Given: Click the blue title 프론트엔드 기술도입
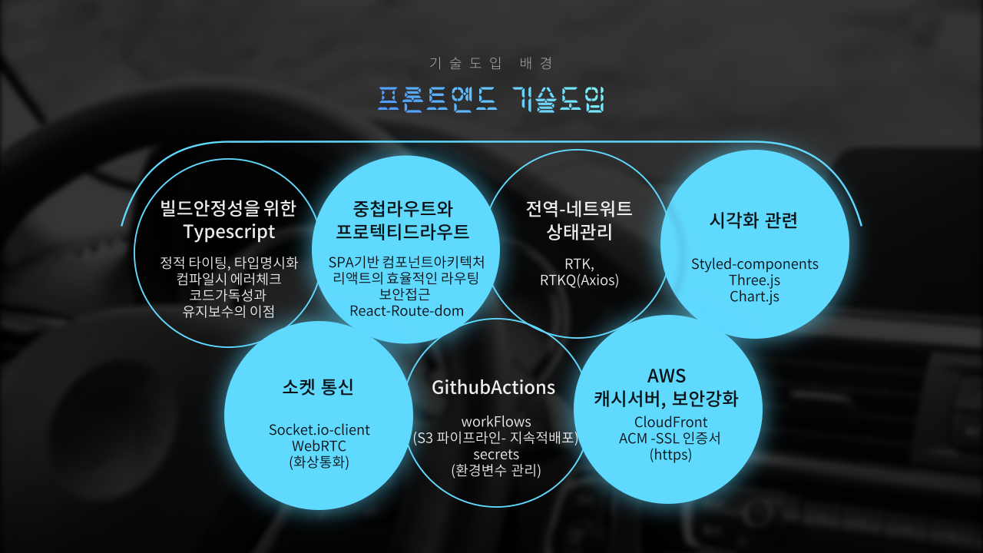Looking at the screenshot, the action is (491, 99).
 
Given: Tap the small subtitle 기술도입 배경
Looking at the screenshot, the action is (491, 63).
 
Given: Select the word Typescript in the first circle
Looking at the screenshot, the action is (229, 232).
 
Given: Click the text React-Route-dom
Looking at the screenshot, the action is (406, 311).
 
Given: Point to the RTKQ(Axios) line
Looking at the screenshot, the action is (579, 280).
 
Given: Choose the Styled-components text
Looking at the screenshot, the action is (754, 264).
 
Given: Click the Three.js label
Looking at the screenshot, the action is (754, 280).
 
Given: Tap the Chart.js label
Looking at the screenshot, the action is (754, 296).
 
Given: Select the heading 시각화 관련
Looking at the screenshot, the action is (753, 220).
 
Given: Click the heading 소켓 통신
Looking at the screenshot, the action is (318, 387).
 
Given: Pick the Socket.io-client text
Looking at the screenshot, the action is (319, 429).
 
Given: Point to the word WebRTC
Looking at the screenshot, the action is (319, 446).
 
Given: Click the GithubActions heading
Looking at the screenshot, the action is (493, 388).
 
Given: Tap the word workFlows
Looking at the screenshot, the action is (496, 422).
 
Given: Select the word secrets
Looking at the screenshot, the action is (496, 454).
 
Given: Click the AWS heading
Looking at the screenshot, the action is (666, 376).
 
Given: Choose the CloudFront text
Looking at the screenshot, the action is (670, 422).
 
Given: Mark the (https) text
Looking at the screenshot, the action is (670, 455).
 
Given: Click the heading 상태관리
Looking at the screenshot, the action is (579, 232).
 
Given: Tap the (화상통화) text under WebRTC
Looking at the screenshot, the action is (319, 462).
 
